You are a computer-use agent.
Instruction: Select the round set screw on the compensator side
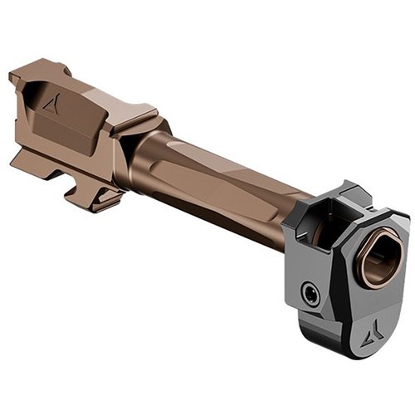tap(310, 293)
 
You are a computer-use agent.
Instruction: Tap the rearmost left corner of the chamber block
tap(12, 78)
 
